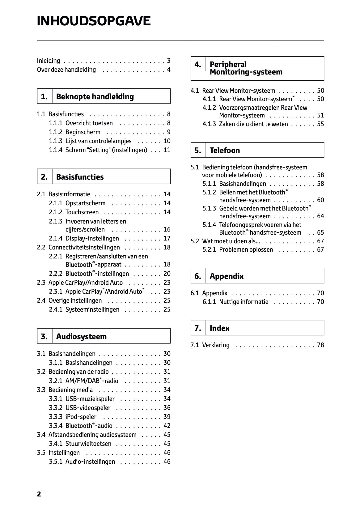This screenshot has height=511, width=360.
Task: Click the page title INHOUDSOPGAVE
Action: [94, 21]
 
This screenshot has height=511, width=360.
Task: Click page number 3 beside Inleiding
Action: [169, 61]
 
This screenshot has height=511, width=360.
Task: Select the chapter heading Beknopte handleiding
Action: [95, 97]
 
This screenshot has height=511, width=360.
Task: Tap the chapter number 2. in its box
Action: [44, 177]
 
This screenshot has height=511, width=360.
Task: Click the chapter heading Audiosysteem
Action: [81, 336]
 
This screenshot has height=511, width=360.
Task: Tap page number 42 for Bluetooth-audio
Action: [167, 426]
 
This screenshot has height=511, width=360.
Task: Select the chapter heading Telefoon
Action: [225, 151]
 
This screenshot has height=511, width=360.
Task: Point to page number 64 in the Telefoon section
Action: [320, 216]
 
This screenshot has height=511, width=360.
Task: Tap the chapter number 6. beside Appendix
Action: [198, 276]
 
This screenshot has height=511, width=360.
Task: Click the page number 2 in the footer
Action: [39, 494]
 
